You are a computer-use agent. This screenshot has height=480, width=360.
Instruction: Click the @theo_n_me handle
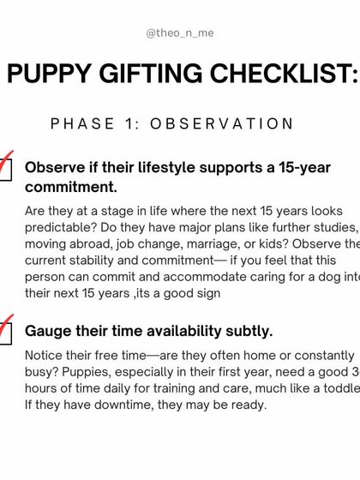click(x=180, y=33)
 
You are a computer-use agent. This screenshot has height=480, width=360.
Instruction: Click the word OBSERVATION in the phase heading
click(x=222, y=123)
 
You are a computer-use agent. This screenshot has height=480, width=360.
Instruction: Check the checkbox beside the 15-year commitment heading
click(x=4, y=171)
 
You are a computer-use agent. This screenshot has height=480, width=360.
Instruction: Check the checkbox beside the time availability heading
click(x=4, y=333)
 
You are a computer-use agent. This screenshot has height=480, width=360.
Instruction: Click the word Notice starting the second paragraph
click(x=46, y=356)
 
